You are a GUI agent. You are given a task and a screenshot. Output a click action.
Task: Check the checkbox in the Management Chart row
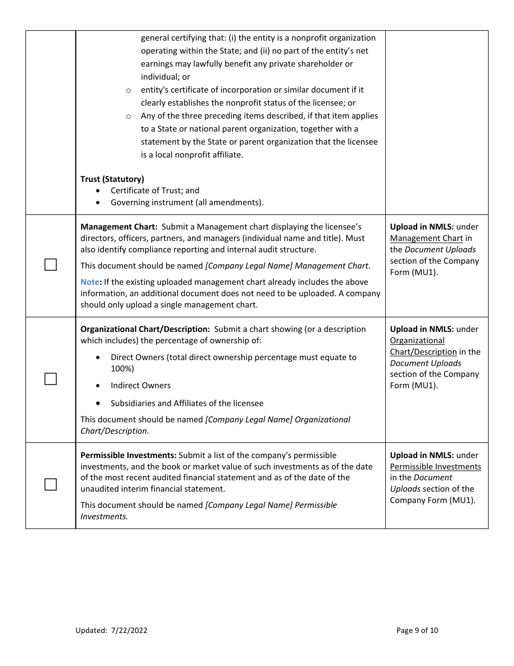pos(50,265)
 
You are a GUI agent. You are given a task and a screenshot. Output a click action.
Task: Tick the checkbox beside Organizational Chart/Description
pos(50,379)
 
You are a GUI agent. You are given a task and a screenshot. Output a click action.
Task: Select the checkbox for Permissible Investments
pos(50,485)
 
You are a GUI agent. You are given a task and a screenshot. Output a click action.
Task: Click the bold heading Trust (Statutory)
pos(112,179)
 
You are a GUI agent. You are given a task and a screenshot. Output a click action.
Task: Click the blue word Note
pos(90,282)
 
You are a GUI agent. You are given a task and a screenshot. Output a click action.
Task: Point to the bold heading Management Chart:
pos(119,227)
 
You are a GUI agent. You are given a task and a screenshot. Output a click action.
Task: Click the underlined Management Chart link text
pos(426,238)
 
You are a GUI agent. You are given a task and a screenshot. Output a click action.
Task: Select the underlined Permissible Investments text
pos(435,467)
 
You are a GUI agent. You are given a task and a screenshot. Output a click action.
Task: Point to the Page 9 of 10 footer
pos(417,630)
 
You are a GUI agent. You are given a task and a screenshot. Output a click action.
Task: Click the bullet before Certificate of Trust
pos(97,191)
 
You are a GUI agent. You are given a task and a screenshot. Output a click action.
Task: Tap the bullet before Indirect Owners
pos(97,386)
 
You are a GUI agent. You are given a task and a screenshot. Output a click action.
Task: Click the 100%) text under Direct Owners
pos(122,369)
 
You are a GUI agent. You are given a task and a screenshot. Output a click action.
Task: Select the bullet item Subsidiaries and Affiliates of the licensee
pos(187,403)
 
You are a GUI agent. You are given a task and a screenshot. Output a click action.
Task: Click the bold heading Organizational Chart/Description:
pos(145,329)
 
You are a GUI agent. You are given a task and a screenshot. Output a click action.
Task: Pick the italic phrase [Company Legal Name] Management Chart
pos(287,266)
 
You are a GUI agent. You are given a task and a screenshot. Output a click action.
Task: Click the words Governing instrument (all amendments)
pos(187,203)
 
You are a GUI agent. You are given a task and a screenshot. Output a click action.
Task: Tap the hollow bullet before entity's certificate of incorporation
pos(129,90)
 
